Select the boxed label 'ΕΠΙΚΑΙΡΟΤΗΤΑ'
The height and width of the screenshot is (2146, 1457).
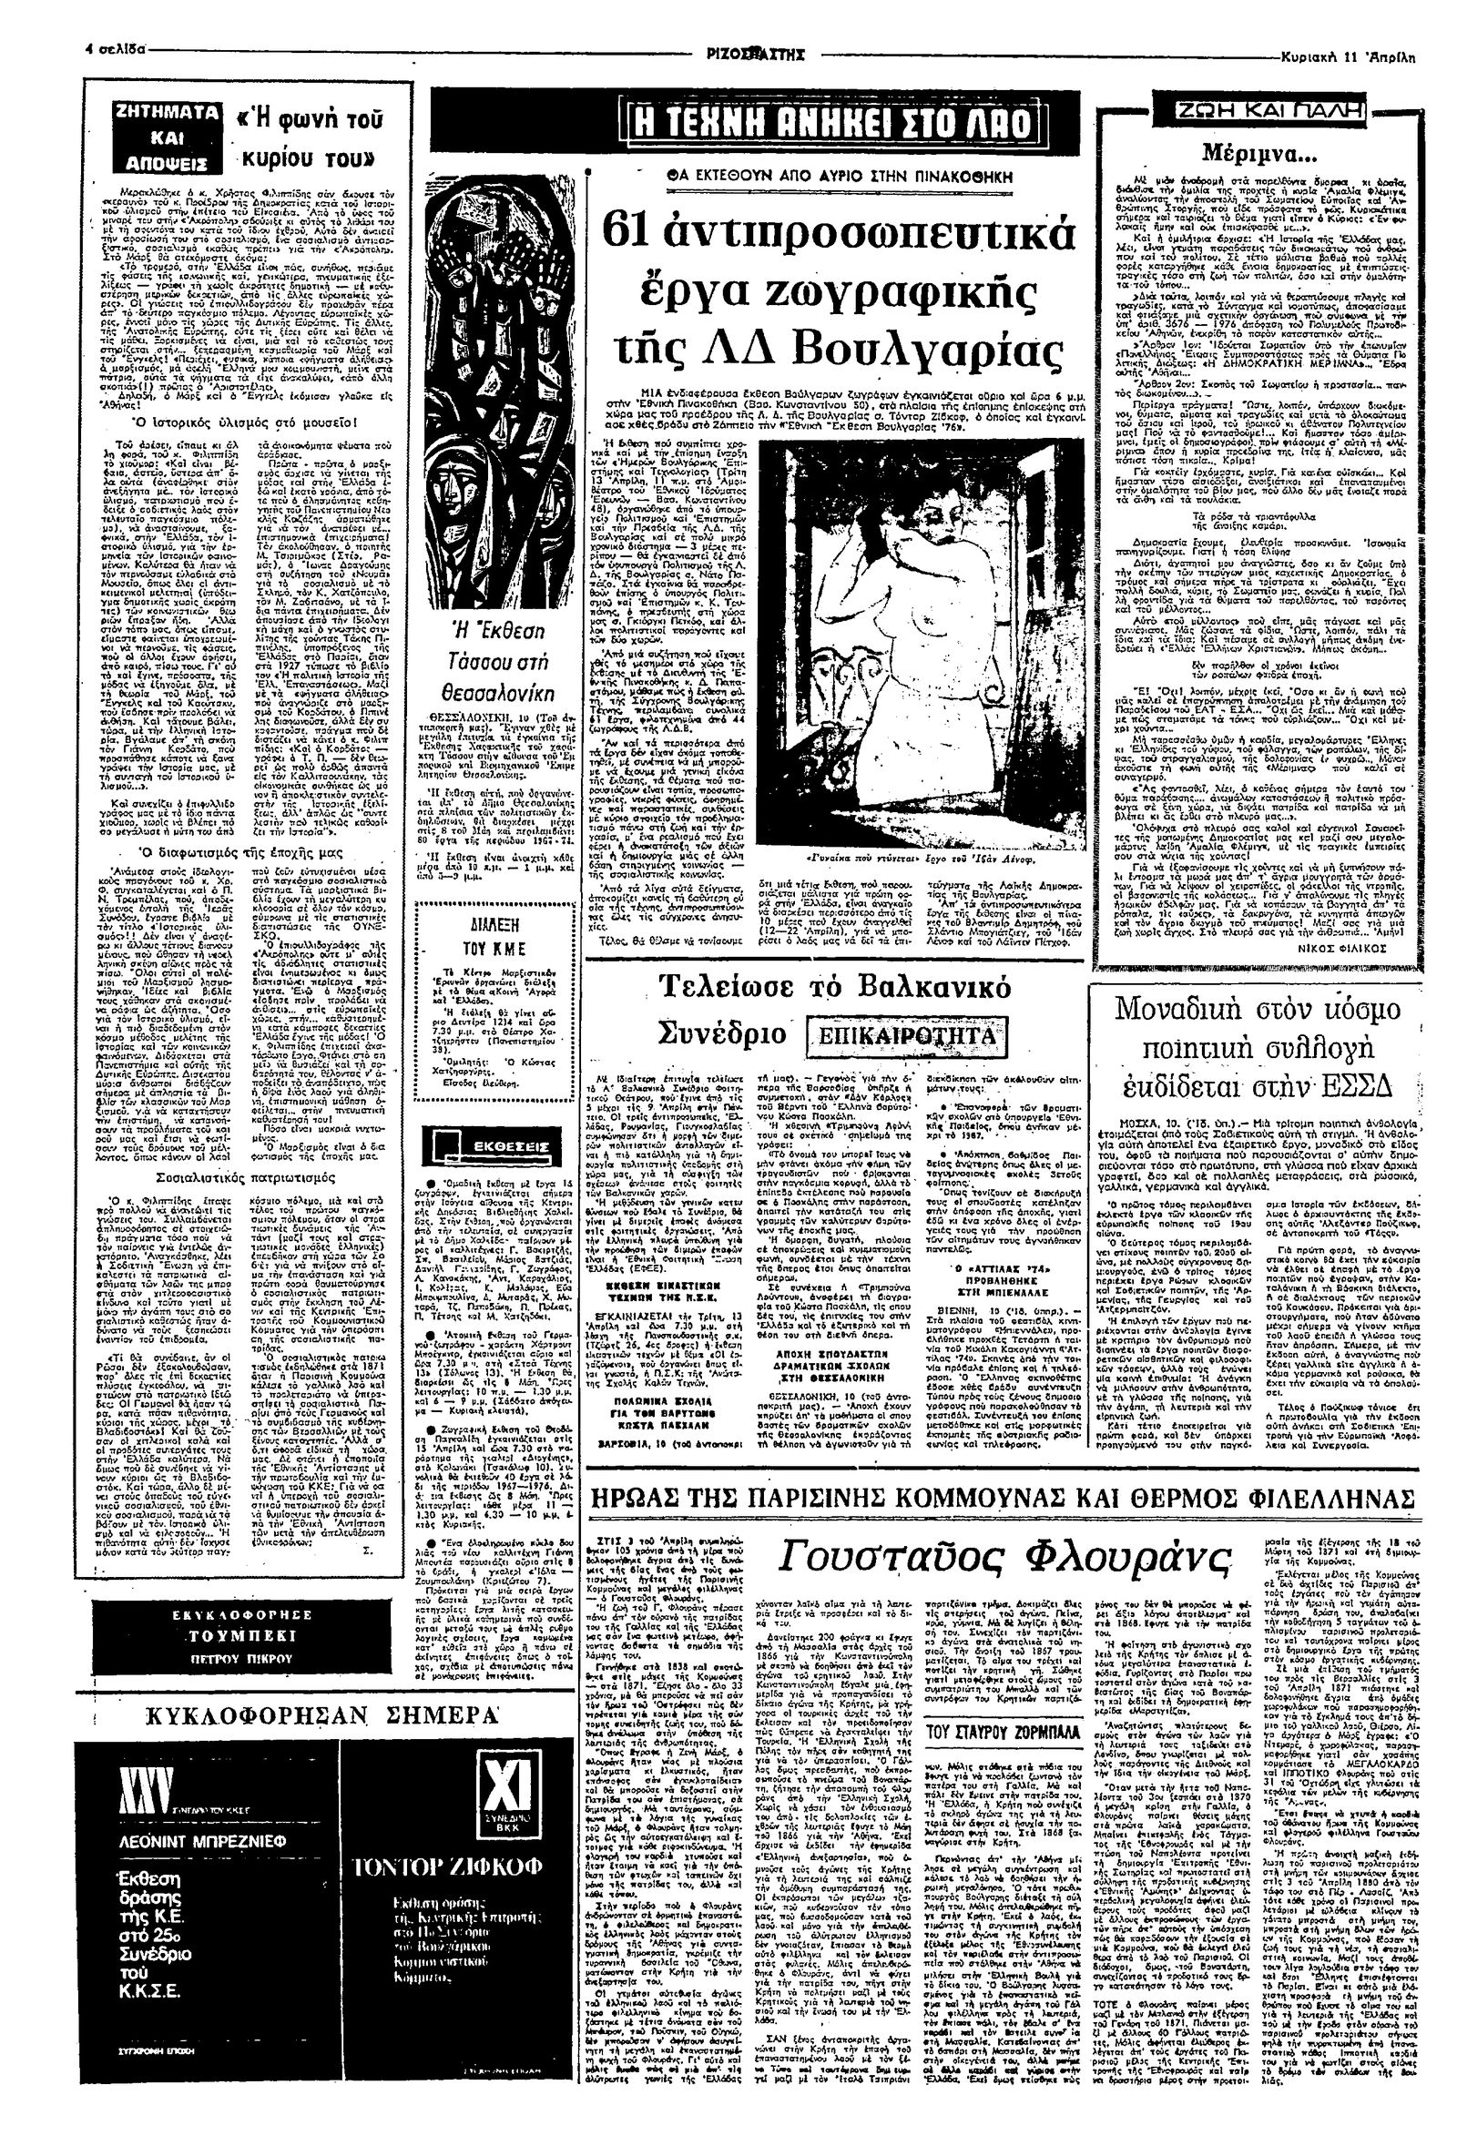tap(902, 1032)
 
